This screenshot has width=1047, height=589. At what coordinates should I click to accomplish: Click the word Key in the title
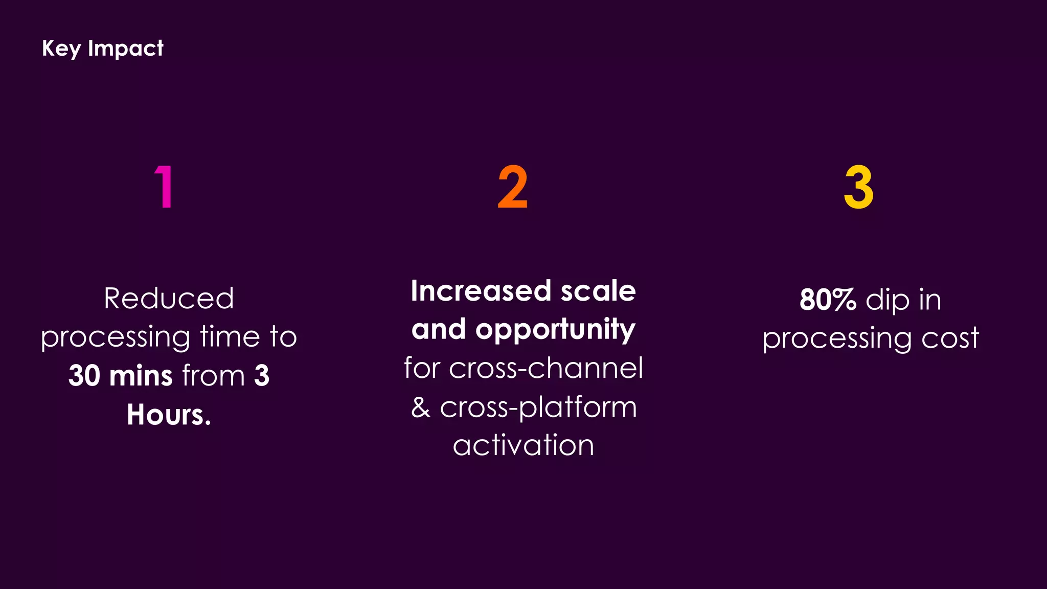(x=61, y=49)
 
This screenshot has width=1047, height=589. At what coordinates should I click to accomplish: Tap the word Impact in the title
(x=125, y=49)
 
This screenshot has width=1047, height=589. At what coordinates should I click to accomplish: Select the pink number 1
(x=164, y=187)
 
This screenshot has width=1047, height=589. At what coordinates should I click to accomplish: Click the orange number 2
(x=512, y=187)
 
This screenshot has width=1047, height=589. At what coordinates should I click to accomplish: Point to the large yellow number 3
(x=858, y=187)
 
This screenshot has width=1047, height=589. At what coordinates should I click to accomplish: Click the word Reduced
(x=169, y=298)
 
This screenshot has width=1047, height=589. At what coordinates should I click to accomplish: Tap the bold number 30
(x=84, y=375)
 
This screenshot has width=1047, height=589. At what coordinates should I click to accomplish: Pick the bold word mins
(x=141, y=375)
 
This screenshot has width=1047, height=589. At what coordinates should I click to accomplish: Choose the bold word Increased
(x=481, y=291)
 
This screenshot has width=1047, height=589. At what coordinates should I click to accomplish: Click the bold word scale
(x=598, y=291)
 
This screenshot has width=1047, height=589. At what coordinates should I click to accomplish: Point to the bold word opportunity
(x=555, y=330)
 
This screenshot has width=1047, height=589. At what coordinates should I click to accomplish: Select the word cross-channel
(x=545, y=368)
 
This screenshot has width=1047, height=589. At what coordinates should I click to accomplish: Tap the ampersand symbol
(x=421, y=407)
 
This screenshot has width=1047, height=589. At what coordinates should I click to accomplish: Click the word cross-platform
(x=538, y=407)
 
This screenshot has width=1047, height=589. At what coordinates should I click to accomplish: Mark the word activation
(x=523, y=445)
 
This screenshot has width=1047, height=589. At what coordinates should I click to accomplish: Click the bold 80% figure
(x=828, y=300)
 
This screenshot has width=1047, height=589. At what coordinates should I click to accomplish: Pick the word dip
(x=887, y=301)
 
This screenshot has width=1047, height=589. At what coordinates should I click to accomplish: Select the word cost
(x=950, y=338)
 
